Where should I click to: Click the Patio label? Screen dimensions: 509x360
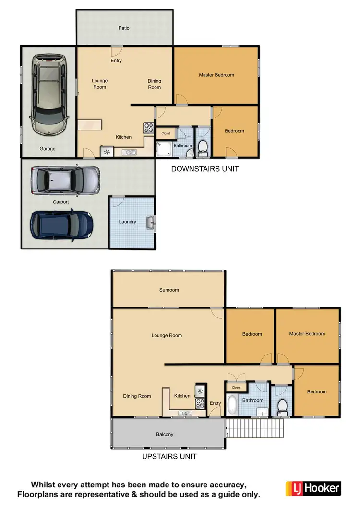(124, 28)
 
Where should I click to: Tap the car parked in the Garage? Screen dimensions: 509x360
(48, 94)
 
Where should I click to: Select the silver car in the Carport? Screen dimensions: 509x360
(65, 180)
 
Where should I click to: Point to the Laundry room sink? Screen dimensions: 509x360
(151, 222)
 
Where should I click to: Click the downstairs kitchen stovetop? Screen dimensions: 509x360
(148, 128)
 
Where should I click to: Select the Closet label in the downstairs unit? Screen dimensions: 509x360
(166, 133)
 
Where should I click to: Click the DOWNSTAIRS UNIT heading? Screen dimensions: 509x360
(205, 169)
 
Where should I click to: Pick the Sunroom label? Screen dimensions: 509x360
(169, 290)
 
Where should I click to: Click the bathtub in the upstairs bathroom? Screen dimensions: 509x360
(232, 405)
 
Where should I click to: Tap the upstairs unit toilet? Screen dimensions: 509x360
(282, 407)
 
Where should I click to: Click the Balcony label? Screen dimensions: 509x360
(165, 434)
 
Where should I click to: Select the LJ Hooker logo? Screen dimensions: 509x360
(313, 488)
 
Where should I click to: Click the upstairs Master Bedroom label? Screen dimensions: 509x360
(307, 334)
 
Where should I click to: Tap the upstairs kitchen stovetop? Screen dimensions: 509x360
(200, 402)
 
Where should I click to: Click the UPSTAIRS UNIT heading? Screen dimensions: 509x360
(169, 456)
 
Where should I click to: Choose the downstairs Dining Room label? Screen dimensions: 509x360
(155, 84)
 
